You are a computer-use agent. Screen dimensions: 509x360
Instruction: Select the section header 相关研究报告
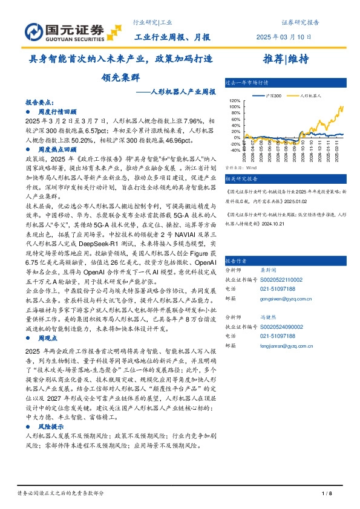[241, 179]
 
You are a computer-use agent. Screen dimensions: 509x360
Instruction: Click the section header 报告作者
[236, 261]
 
